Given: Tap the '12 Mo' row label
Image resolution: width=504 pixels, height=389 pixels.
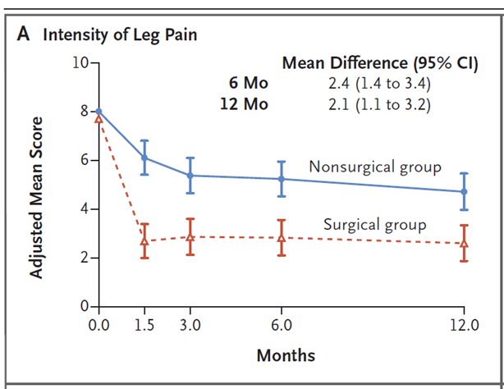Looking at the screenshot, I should click(x=245, y=104).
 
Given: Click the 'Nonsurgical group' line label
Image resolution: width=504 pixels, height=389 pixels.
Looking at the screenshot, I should click(x=375, y=167).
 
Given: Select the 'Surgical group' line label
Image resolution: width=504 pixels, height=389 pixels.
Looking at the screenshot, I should click(x=374, y=223).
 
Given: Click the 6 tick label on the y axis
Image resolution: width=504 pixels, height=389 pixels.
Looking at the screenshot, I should click(x=85, y=160).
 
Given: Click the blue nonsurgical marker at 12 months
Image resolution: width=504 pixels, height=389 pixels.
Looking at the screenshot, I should click(x=464, y=191).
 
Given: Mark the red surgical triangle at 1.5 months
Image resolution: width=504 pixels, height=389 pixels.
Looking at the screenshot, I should click(x=144, y=240).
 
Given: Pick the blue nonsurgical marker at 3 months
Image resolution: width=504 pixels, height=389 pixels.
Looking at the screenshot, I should click(x=190, y=176).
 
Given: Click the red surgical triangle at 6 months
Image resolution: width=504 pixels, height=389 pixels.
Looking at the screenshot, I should click(x=282, y=238).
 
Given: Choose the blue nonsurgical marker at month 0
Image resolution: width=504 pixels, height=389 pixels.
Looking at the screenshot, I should click(x=99, y=112).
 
